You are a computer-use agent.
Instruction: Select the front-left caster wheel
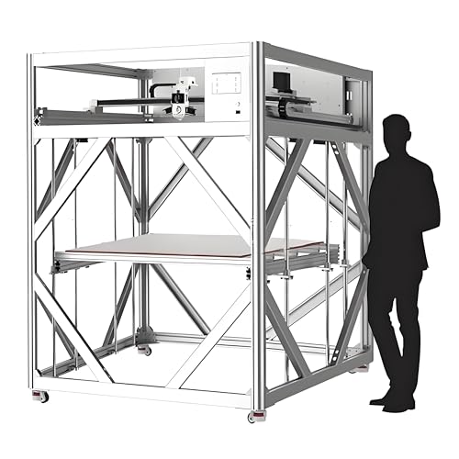pyautogui.click(x=39, y=396)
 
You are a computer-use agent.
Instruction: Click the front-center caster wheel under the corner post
pyautogui.click(x=252, y=416)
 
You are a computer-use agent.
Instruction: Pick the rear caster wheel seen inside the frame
pyautogui.click(x=143, y=350)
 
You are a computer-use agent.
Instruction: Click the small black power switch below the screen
pyautogui.click(x=238, y=108)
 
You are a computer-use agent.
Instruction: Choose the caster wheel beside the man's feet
pyautogui.click(x=363, y=367)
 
